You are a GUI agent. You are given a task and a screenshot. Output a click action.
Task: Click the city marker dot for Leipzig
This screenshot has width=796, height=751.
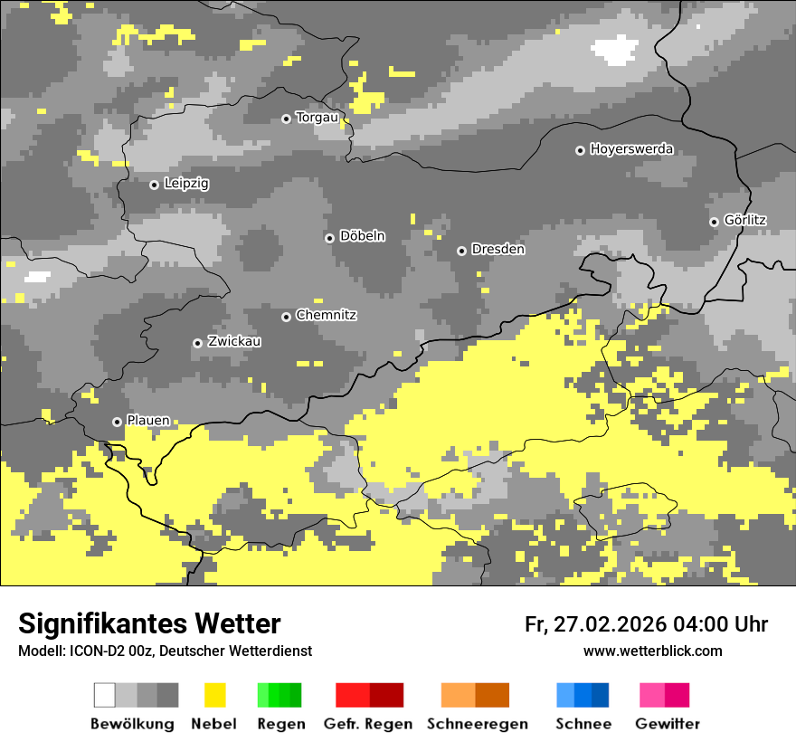tap(154, 185)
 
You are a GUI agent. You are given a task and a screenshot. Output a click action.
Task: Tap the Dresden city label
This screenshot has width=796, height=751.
tap(497, 249)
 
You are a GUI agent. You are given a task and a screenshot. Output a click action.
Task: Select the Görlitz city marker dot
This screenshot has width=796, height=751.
tap(714, 222)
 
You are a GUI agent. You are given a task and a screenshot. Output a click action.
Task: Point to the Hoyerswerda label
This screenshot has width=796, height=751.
tap(631, 149)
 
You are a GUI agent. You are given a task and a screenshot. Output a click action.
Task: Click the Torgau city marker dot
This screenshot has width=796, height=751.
tap(286, 119)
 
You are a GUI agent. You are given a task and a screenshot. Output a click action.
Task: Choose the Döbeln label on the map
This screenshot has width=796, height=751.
tap(362, 236)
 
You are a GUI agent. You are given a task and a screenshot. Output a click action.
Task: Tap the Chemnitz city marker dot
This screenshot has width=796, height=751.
tap(286, 317)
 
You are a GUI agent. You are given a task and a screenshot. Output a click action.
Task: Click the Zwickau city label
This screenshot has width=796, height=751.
tap(234, 341)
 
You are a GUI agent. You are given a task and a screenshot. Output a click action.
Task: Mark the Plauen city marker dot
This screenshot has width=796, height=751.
tap(117, 422)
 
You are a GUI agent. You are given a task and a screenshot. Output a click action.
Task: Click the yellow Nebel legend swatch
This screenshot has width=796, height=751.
tap(214, 695)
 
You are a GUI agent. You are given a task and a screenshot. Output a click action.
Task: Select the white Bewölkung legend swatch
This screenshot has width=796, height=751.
tap(105, 695)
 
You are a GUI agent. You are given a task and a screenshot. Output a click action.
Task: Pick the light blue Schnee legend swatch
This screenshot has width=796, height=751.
tap(564, 695)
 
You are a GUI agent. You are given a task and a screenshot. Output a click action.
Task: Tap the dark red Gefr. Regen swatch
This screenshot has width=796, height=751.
tap(386, 695)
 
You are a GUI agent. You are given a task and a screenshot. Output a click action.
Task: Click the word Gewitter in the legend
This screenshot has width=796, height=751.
tap(668, 724)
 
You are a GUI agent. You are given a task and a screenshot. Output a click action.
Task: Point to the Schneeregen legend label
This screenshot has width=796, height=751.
tap(478, 724)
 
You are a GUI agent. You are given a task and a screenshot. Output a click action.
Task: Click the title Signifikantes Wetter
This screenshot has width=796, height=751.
tap(149, 624)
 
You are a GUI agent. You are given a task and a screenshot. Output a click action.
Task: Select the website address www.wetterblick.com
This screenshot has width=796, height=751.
tap(653, 651)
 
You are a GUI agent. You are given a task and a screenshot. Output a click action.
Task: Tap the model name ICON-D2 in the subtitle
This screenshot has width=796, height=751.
tap(91, 651)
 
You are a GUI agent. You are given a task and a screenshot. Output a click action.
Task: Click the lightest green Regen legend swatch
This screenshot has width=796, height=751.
tap(263, 695)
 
